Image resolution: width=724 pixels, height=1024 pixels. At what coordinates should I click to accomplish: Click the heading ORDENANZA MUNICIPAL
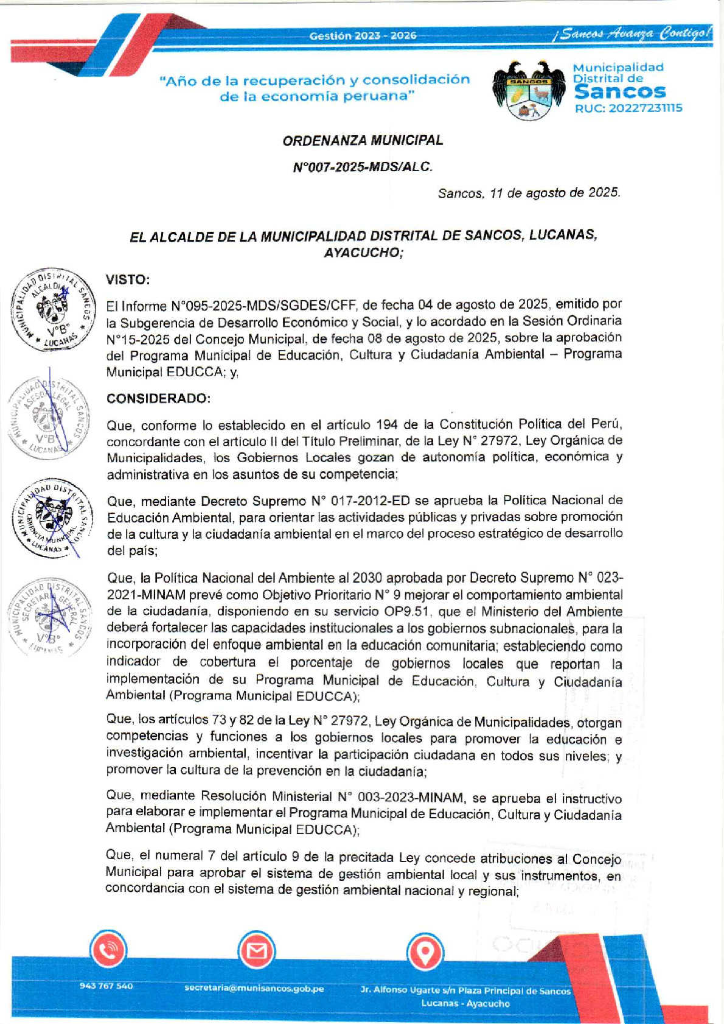(x=363, y=141)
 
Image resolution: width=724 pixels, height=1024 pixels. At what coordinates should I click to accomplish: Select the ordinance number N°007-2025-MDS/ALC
(x=363, y=167)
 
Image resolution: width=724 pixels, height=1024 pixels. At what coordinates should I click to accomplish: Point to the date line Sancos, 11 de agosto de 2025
(x=529, y=193)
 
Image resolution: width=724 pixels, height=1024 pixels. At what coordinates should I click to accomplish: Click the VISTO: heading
(x=128, y=280)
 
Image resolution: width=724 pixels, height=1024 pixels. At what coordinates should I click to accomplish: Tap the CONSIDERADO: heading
(x=159, y=399)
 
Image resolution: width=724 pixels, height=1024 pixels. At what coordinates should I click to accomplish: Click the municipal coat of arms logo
(x=529, y=91)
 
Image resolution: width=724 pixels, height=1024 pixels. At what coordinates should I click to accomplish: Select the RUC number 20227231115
(x=628, y=108)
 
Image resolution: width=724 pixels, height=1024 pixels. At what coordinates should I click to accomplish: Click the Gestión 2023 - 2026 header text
(x=363, y=36)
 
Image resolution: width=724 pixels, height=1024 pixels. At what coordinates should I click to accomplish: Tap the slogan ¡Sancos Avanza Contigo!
(x=633, y=33)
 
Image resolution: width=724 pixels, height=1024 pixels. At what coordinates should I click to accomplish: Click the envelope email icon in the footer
(x=256, y=951)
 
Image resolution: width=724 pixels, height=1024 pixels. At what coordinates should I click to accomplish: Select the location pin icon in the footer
(x=424, y=952)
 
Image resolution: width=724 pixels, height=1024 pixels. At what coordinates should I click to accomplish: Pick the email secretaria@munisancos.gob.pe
(x=254, y=988)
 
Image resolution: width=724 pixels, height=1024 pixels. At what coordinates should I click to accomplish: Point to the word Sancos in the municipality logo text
(x=619, y=92)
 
